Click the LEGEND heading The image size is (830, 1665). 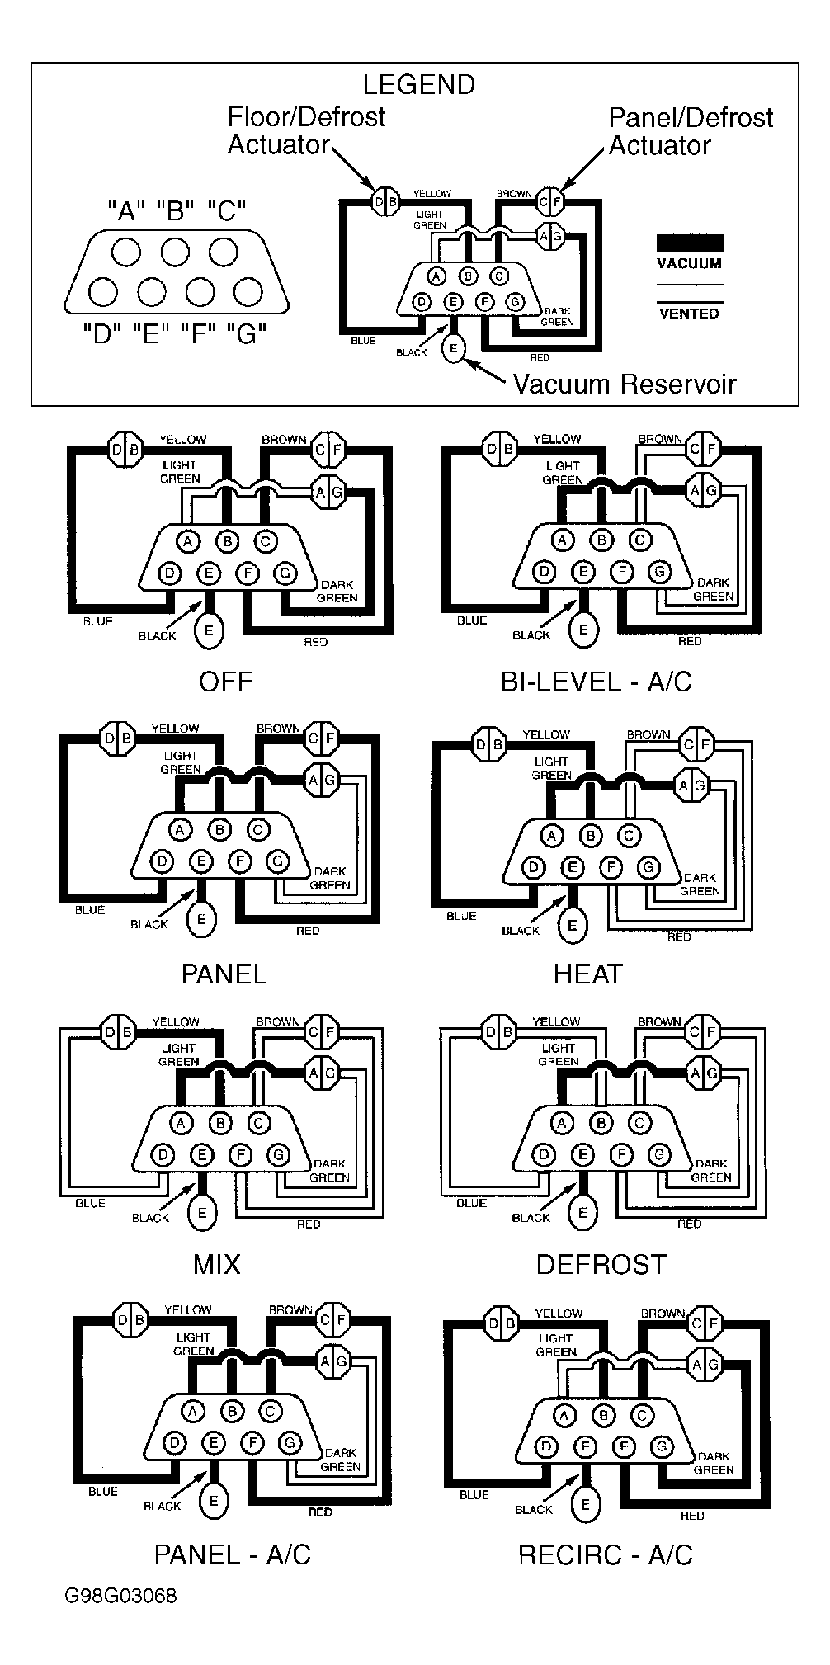419,84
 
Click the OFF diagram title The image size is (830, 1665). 225,682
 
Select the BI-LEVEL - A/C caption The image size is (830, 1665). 596,682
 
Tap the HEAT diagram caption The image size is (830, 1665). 587,974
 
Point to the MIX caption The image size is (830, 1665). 217,1264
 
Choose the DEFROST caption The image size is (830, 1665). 601,1264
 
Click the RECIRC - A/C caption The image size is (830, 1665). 605,1555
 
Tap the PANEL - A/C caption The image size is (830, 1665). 232,1555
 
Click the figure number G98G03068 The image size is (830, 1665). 120,1619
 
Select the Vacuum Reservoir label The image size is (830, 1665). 624,384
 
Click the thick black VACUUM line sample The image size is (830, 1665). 689,243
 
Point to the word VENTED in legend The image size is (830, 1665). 689,314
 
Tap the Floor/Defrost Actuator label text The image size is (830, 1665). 306,130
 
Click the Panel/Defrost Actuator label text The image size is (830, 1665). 691,131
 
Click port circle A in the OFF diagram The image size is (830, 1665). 189,541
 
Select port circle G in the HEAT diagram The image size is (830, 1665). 648,867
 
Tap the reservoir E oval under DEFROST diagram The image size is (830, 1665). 583,1212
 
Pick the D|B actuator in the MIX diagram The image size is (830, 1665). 118,1032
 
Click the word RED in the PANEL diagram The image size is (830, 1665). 308,931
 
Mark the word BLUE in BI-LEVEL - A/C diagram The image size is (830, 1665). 472,620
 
